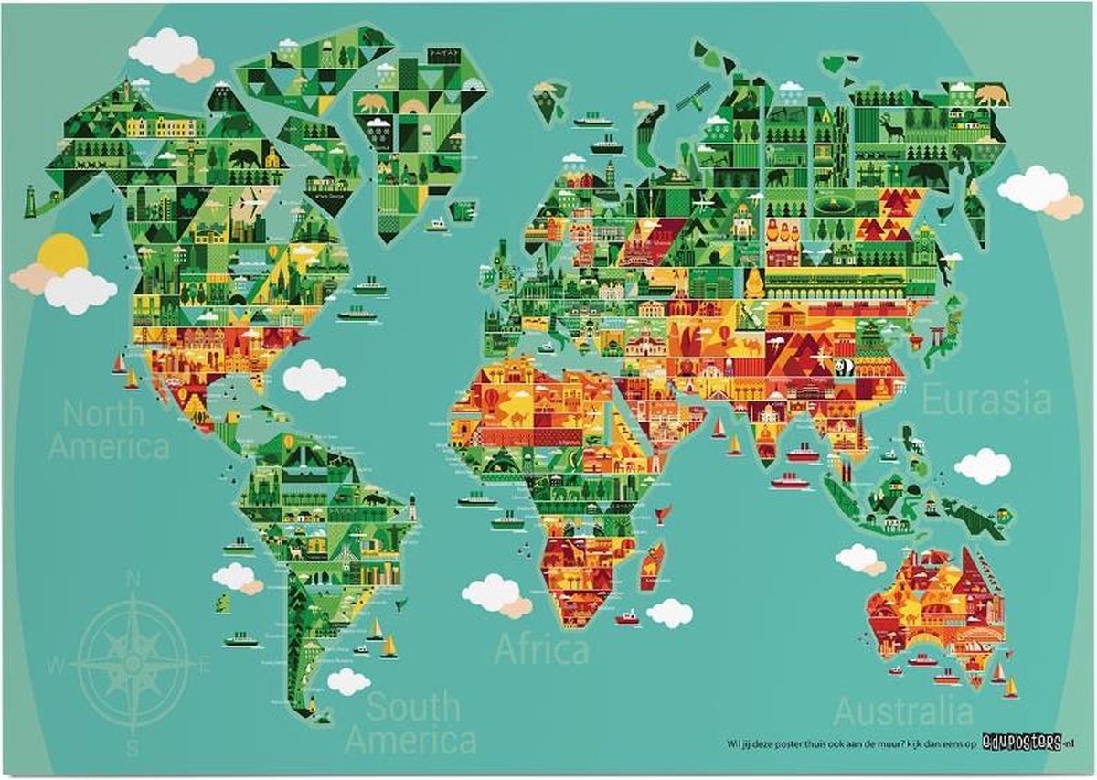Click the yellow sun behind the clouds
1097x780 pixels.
[62, 251]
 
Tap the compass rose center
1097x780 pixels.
[133, 658]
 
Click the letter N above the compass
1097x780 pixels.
[133, 578]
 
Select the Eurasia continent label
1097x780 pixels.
[985, 401]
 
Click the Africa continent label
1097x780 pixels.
[541, 650]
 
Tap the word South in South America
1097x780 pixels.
[413, 707]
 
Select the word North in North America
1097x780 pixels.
[102, 414]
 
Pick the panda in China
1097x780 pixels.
[842, 368]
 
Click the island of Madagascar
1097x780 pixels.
[652, 564]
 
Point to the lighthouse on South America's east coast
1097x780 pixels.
[412, 505]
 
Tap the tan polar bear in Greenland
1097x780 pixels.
[372, 103]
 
